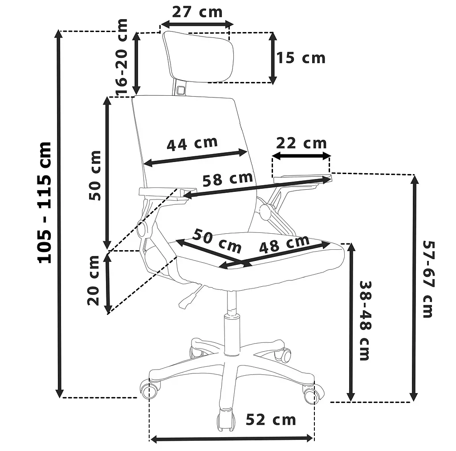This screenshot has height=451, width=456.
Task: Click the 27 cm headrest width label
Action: pyautogui.click(x=197, y=12)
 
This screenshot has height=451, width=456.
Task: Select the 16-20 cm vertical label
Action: pyautogui.click(x=122, y=57)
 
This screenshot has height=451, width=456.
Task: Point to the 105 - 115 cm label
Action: pyautogui.click(x=45, y=203)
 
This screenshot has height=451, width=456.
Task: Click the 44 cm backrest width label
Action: pyautogui.click(x=192, y=144)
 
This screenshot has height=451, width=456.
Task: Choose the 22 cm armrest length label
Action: pyautogui.click(x=301, y=143)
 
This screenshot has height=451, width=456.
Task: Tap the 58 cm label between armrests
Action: pyautogui.click(x=228, y=179)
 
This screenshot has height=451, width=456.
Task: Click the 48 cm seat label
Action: pyautogui.click(x=284, y=244)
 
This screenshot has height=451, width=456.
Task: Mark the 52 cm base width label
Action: pyautogui.click(x=271, y=419)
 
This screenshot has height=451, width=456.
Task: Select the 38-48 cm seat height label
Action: pyautogui.click(x=365, y=321)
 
